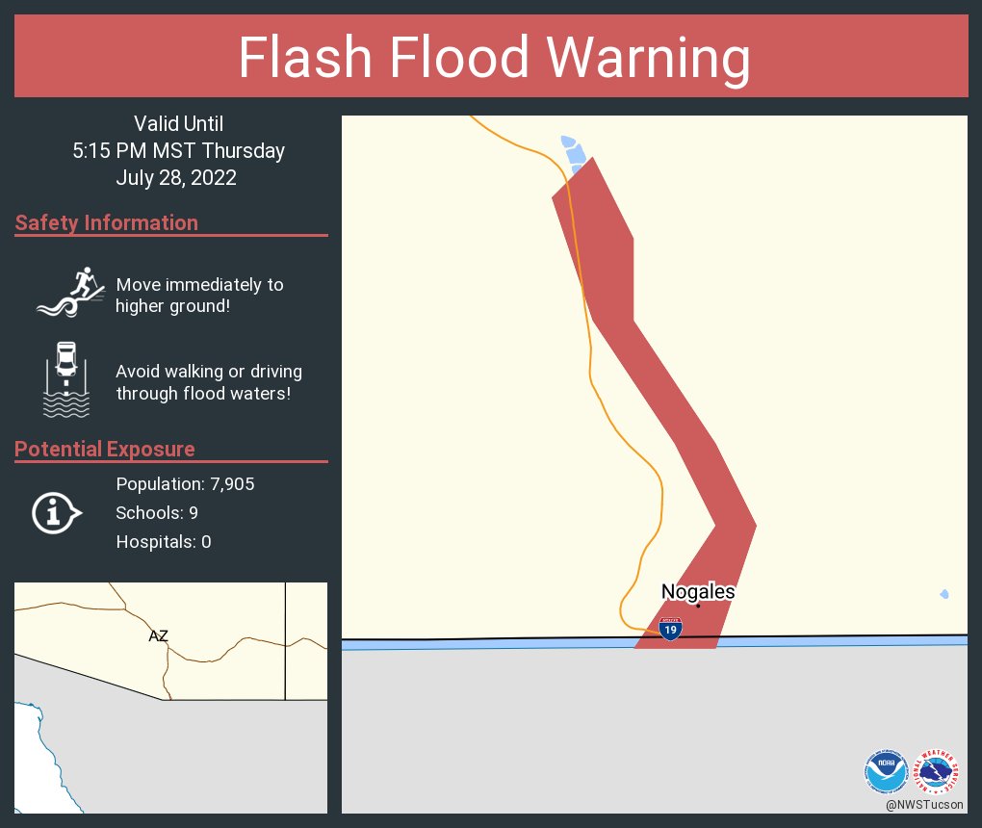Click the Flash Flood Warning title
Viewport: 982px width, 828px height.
point(494,59)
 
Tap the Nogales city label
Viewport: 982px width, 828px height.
point(698,592)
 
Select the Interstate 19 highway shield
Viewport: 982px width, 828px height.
point(671,630)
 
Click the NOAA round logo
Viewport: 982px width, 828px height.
point(886,771)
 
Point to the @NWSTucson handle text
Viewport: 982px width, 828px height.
point(925,804)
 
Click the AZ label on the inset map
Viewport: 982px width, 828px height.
point(159,635)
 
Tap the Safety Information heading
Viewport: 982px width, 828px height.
point(107,223)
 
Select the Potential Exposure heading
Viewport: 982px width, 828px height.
point(105,450)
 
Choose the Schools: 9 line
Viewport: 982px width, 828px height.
point(157,513)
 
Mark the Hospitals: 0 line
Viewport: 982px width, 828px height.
point(164,542)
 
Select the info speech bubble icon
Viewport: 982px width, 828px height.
point(56,513)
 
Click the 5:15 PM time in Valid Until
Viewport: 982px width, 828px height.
point(111,151)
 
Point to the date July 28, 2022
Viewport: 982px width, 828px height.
point(176,178)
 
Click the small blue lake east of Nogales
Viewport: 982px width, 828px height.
point(944,594)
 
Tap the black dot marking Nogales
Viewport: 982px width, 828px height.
point(698,606)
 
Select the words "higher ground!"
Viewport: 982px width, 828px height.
point(173,307)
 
